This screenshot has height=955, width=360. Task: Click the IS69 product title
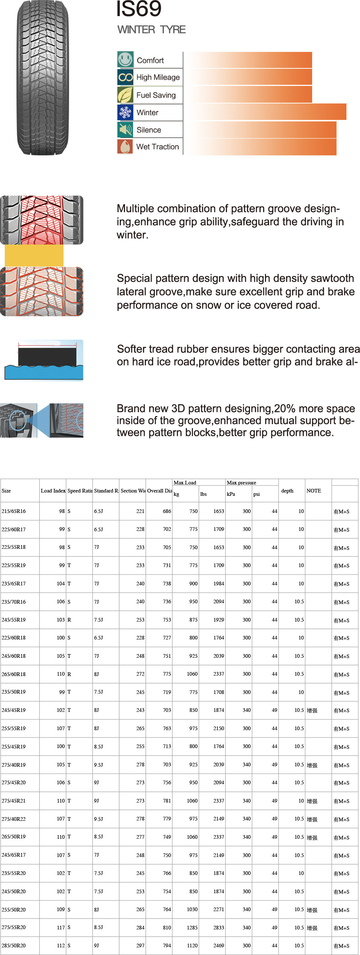(139, 9)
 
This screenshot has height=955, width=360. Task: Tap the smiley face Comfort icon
(125, 59)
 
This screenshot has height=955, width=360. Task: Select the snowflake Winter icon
(125, 112)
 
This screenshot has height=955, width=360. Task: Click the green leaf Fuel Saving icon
(125, 95)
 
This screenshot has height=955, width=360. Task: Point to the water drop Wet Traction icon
(125, 147)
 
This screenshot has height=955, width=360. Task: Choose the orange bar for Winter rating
(265, 112)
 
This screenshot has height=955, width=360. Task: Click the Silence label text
(149, 130)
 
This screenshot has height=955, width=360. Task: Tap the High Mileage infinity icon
(125, 77)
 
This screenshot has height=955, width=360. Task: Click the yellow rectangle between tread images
(34, 256)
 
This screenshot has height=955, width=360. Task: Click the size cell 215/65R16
(14, 511)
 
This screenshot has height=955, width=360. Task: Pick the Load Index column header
(53, 490)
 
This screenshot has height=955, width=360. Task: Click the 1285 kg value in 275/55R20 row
(192, 927)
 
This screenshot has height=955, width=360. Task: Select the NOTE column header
(314, 490)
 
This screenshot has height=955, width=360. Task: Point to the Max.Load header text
(185, 483)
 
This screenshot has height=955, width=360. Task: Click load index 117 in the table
(61, 927)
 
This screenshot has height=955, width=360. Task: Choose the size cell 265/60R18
(14, 674)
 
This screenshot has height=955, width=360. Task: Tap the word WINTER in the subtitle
(136, 30)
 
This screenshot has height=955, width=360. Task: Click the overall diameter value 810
(167, 927)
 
